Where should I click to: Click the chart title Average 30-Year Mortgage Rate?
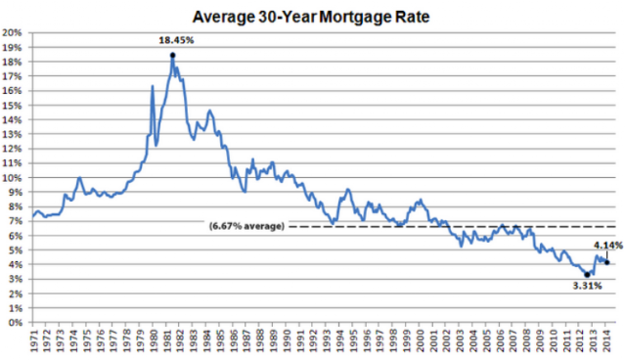click(x=311, y=17)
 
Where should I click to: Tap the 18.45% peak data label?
click(x=176, y=40)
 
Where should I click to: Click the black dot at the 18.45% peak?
click(x=172, y=55)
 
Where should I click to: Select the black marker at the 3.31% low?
click(x=587, y=275)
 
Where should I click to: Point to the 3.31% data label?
click(x=587, y=286)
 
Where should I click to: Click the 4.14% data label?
click(x=608, y=246)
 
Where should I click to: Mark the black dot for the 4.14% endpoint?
click(x=606, y=262)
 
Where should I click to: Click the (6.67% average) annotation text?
click(x=246, y=226)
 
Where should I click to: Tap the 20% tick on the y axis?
click(x=12, y=32)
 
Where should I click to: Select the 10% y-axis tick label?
click(x=12, y=178)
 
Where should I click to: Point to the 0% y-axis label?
click(x=15, y=323)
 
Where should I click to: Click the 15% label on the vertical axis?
click(x=12, y=106)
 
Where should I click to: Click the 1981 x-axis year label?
click(x=166, y=340)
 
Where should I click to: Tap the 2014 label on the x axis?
click(x=606, y=340)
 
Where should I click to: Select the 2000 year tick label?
click(x=420, y=340)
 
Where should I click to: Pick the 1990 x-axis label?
click(x=287, y=340)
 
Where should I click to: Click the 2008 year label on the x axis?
click(x=526, y=340)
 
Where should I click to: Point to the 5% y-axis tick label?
click(x=15, y=250)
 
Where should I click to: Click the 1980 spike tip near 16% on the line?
click(x=153, y=85)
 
